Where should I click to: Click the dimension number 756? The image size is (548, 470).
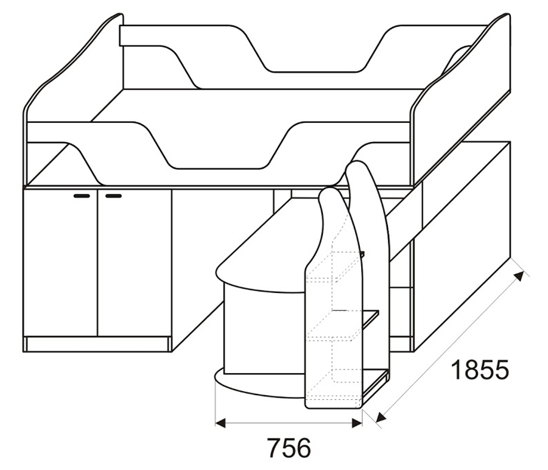pos(289,447)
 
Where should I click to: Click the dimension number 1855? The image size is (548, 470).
pos(480,370)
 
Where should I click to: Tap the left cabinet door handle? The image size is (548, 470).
pos(82,196)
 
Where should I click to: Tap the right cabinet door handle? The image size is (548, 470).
pos(114,196)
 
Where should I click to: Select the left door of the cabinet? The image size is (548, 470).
pos(60,263)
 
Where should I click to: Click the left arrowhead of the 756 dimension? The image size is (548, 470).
pos(220,423)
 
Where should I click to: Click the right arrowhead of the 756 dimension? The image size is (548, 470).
pos(357,423)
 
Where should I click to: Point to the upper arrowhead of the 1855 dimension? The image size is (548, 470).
pos(520,276)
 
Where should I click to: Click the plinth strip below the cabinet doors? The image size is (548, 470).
pos(97,344)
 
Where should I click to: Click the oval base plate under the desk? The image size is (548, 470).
pos(259,384)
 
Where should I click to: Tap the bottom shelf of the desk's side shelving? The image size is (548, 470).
pos(374,384)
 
